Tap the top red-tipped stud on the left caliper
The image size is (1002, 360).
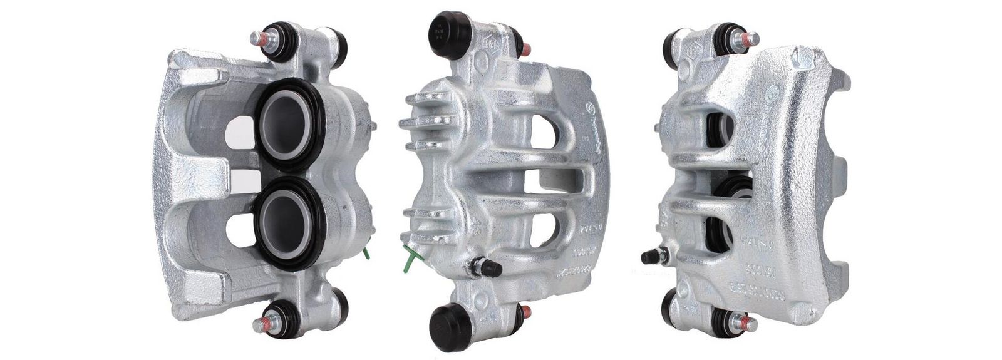click(x=259, y=39)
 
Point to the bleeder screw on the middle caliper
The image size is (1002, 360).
click(x=485, y=268)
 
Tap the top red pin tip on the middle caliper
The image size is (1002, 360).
click(x=527, y=49)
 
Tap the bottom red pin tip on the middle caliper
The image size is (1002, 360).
click(x=527, y=311)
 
